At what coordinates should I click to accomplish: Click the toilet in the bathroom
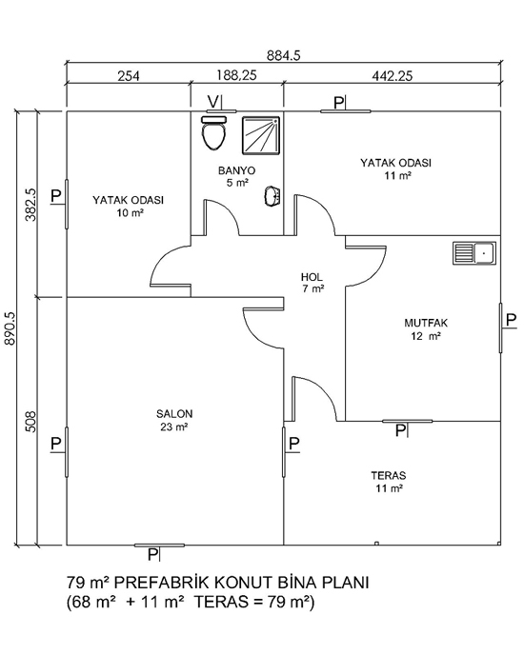213,133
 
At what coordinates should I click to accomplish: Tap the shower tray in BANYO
260,135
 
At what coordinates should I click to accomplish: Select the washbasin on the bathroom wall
272,196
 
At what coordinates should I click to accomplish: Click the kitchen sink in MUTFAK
474,253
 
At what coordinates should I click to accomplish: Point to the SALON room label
174,414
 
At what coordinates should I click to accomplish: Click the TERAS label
389,475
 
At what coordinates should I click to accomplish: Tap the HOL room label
312,277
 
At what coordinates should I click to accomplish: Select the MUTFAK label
426,323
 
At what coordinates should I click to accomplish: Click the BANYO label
236,170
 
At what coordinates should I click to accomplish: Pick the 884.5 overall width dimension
284,55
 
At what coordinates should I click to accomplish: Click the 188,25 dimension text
236,75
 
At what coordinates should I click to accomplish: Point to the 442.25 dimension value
393,76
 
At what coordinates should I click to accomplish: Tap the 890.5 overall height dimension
10,328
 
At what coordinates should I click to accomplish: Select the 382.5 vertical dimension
30,205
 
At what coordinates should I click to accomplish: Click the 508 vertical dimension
30,422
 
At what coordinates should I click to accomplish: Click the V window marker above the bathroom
213,102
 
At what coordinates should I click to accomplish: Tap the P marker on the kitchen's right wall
511,321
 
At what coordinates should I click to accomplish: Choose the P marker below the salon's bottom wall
153,554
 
